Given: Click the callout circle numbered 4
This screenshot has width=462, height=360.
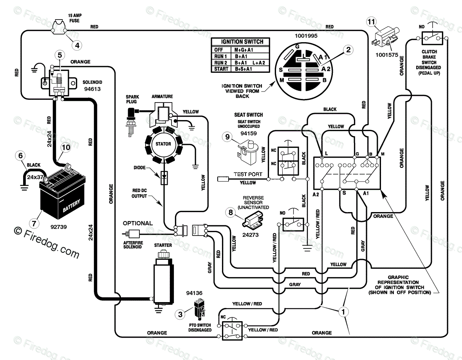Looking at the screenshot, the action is [77, 45].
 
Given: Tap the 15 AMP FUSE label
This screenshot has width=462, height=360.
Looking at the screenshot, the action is [74, 18].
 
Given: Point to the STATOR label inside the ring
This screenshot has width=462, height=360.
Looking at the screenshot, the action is [163, 144].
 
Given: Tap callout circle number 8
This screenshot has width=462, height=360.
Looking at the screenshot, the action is [230, 212].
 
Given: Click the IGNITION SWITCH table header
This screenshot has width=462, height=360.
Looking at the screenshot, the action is [242, 42].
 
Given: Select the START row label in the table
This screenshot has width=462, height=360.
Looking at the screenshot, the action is [221, 69].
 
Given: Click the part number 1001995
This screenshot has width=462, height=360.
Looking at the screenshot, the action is [306, 36].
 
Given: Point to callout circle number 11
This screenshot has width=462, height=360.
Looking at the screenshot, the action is [371, 22].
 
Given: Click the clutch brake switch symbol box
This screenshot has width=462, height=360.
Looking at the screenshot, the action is [432, 38].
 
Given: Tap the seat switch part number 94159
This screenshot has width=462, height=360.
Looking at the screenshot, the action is [248, 133].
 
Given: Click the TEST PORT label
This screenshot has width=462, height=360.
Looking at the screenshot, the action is [248, 174].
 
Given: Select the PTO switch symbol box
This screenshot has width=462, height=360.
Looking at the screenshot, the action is [232, 331].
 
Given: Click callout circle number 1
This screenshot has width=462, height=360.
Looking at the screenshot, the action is [343, 312].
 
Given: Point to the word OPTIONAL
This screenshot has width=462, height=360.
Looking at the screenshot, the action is [138, 223].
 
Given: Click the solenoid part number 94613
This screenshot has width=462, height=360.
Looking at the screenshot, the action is [92, 89].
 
